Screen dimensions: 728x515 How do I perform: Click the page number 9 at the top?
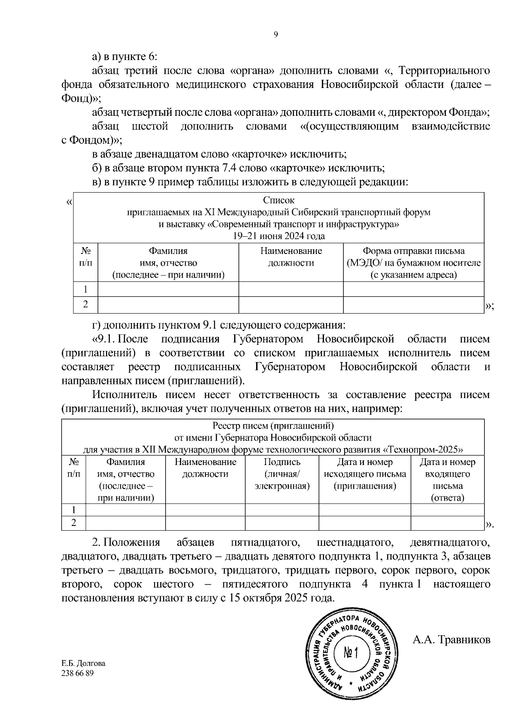(276, 35)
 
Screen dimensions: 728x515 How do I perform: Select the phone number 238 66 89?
(78, 673)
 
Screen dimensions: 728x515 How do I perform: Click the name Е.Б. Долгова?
(83, 663)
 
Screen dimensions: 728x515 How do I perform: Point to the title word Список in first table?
(279, 200)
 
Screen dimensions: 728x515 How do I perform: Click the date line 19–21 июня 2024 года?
(279, 236)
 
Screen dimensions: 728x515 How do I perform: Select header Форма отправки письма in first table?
(413, 251)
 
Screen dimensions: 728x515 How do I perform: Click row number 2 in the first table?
(85, 304)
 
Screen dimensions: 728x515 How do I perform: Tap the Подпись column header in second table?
(282, 462)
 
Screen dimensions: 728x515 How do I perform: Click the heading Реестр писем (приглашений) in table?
(273, 426)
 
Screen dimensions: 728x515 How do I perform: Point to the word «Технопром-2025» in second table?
(422, 450)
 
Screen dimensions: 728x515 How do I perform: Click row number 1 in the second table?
(74, 510)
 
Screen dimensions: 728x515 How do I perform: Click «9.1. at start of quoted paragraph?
(103, 339)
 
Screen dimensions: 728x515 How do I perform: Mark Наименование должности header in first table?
(291, 257)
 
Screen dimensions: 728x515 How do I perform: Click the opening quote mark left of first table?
(69, 202)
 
